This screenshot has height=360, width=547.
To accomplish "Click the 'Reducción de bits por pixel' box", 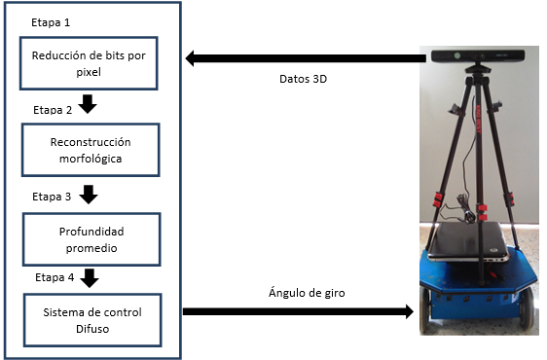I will tap(88, 63).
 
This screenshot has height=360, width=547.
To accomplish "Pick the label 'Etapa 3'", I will tap(52, 196).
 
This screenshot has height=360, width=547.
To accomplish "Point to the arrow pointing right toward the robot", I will tap(296, 312).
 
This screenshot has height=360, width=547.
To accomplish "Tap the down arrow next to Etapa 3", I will tap(89, 194).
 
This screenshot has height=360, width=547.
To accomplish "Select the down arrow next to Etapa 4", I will tap(89, 277).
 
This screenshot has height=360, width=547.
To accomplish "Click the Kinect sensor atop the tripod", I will tap(478, 56).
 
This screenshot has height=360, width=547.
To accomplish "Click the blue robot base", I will tap(475, 292).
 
